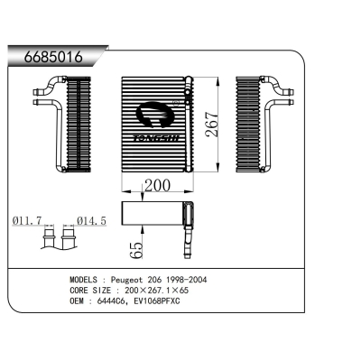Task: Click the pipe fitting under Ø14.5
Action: [x=69, y=240]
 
